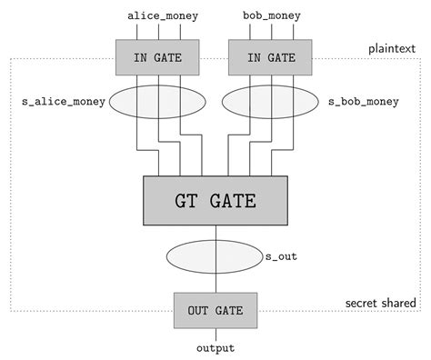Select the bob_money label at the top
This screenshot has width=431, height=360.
point(272,15)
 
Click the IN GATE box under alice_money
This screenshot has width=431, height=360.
point(158,56)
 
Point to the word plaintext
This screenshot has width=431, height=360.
point(392,47)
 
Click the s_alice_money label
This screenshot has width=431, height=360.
point(62,103)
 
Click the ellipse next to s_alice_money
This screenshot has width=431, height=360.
point(158,104)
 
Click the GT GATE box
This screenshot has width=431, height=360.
point(215,200)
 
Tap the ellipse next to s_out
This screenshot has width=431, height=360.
point(215,256)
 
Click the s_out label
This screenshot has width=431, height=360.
point(281,256)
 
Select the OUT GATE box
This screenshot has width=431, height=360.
point(215,311)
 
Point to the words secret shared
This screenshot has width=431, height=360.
point(381,303)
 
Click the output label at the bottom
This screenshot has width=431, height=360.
point(215,348)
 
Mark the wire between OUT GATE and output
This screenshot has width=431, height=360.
point(215,334)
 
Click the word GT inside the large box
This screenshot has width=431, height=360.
point(188,200)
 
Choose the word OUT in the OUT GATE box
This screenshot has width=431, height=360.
point(198,311)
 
